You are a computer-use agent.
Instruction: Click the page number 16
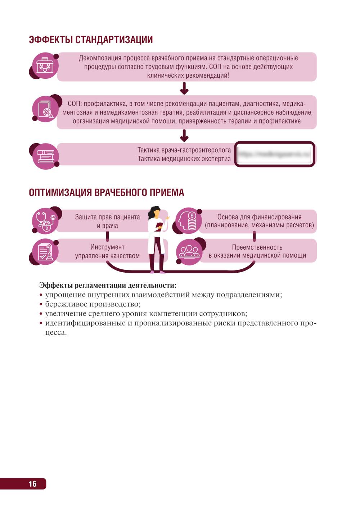(x=32, y=484)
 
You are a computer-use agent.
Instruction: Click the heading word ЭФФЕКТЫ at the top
(x=51, y=40)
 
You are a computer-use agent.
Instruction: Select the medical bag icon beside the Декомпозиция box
(x=45, y=66)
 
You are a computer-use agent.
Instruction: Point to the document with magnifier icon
(x=45, y=109)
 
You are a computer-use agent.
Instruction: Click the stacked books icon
(x=45, y=156)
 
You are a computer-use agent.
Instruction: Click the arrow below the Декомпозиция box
(x=184, y=88)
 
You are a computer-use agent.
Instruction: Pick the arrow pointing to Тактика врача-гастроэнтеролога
(x=184, y=136)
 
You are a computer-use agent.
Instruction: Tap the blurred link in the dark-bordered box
(x=275, y=154)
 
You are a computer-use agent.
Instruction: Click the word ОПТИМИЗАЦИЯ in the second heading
(x=60, y=192)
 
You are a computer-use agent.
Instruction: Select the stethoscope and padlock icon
(x=45, y=221)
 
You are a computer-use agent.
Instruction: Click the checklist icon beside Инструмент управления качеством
(x=45, y=252)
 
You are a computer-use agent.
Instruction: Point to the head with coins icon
(x=189, y=221)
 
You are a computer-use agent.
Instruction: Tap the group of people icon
(x=189, y=252)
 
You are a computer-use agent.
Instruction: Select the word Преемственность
(x=257, y=247)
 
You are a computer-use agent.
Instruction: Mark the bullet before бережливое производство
(x=41, y=304)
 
